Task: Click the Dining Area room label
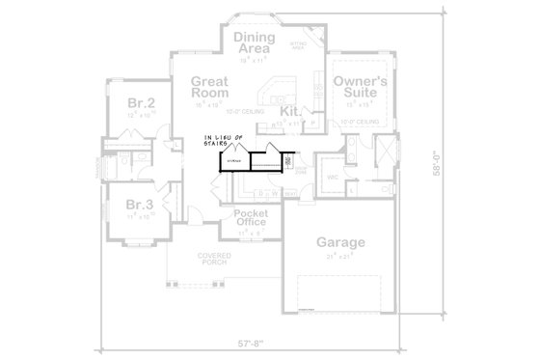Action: tap(255, 42)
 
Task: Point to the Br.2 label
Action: tap(141, 102)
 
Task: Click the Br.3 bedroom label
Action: tap(141, 205)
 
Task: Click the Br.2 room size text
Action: tap(141, 115)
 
